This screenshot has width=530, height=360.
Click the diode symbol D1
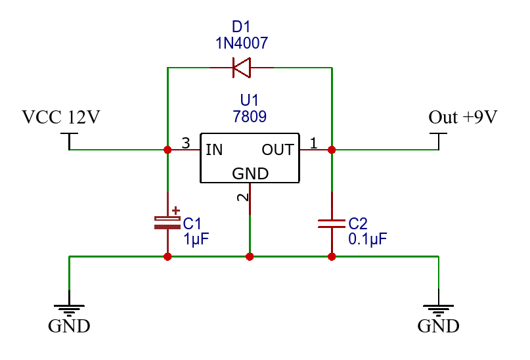(241, 67)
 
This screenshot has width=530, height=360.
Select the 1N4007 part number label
(242, 43)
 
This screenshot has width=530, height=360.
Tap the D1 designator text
(242, 28)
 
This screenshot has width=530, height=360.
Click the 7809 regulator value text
(250, 117)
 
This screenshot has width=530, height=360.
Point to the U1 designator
(250, 101)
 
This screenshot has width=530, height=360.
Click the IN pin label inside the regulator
(214, 150)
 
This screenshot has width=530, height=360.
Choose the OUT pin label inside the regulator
(278, 150)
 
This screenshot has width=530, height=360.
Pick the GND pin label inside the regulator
(250, 173)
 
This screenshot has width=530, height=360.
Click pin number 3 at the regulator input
(186, 143)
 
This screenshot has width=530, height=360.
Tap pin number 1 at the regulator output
(313, 143)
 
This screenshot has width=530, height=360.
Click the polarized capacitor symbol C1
(167, 222)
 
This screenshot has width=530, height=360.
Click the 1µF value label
(196, 238)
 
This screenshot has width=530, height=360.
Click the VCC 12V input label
(61, 118)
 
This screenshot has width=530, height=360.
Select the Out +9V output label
(463, 118)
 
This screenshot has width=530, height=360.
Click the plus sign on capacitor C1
(175, 211)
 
